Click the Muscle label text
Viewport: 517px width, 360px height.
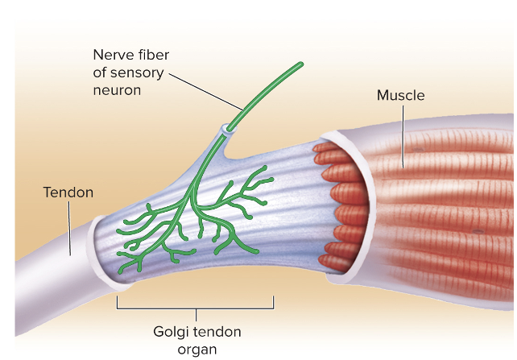[x=400, y=96]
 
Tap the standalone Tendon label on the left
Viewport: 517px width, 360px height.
[x=68, y=192]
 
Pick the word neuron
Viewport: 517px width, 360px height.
[x=118, y=90]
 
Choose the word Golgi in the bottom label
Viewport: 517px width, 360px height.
[x=172, y=331]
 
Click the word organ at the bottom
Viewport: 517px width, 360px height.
[x=197, y=349]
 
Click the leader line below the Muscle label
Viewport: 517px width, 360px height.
[x=402, y=137]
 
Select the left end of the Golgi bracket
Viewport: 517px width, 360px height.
[x=118, y=301]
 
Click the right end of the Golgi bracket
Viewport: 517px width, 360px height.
[x=274, y=301]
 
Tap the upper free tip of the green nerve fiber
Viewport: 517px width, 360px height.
[x=302, y=63]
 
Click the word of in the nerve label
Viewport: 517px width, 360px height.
[x=101, y=72]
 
